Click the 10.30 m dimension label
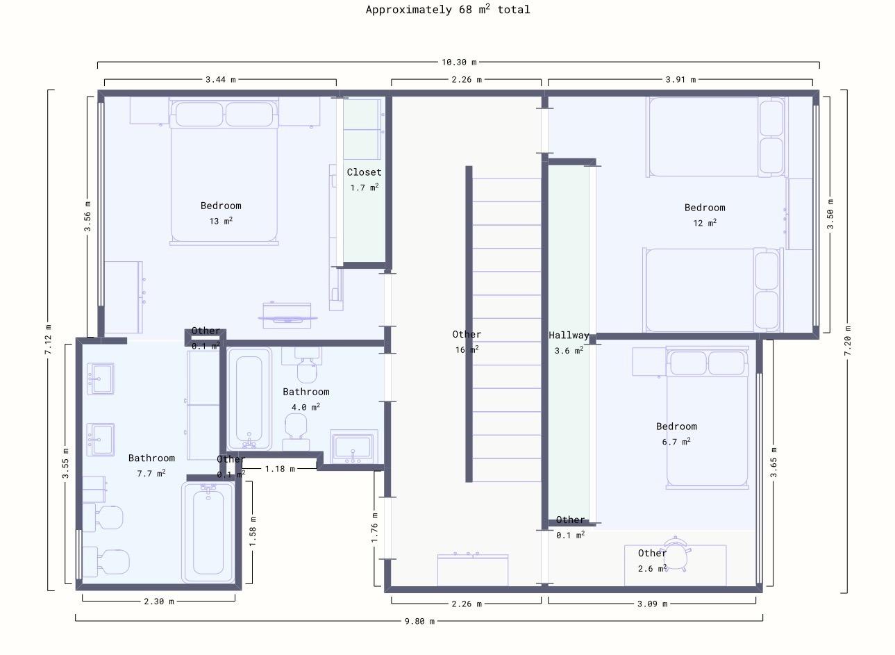[459, 63]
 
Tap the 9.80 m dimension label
[419, 621]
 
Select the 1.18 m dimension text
[280, 468]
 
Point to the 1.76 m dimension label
[374, 527]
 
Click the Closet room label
[364, 172]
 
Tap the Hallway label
[569, 335]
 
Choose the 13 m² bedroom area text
[221, 221]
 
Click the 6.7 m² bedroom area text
[676, 441]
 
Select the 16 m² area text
[467, 349]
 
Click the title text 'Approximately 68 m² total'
[448, 9]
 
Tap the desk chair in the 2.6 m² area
[676, 554]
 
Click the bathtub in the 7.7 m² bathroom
[208, 532]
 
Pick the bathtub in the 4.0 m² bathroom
[249, 399]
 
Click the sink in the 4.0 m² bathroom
[353, 447]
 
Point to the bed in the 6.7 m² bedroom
[708, 417]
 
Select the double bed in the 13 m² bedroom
[224, 171]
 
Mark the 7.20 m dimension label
[847, 341]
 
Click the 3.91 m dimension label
[680, 79]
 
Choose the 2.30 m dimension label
[158, 601]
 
